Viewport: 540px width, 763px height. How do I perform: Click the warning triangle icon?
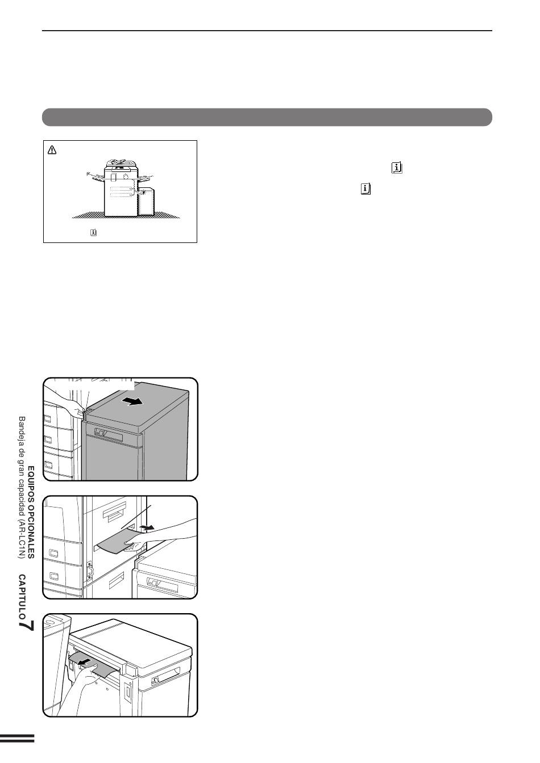52,149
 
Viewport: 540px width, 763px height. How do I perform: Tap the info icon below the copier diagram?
93,232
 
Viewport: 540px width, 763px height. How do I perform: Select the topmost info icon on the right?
397,168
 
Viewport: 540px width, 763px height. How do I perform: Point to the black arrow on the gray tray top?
132,401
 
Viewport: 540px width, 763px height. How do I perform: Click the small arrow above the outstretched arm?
148,527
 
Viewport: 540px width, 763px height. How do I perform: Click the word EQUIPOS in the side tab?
31,480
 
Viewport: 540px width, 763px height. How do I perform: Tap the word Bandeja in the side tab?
22,430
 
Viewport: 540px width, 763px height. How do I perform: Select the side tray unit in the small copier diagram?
146,202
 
